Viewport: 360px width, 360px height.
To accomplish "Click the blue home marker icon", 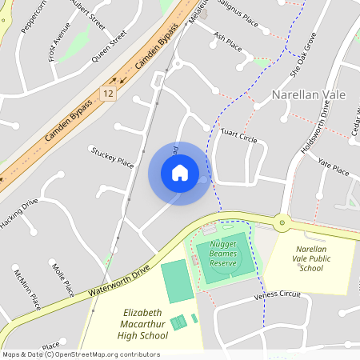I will point(179,172).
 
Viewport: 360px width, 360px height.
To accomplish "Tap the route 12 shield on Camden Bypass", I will point(106,94).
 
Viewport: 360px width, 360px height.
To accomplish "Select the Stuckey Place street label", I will point(112,157).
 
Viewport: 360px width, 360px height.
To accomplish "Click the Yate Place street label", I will point(334,166).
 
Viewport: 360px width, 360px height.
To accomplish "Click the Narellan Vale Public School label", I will point(310,259).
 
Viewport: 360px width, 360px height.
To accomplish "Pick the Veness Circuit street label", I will point(277,295).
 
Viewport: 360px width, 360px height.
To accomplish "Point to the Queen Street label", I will point(110,47).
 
